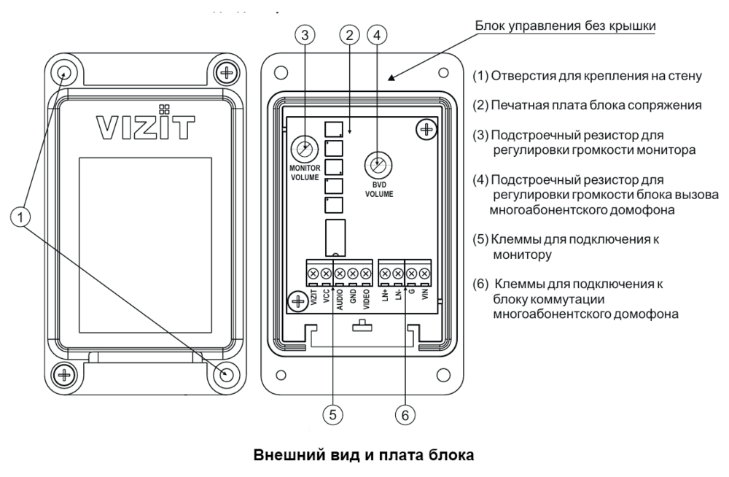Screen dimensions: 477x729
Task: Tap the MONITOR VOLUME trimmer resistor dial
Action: pyautogui.click(x=301, y=150)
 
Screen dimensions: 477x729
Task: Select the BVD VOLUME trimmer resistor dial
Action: pyautogui.click(x=376, y=163)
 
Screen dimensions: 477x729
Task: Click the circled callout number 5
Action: pyautogui.click(x=333, y=414)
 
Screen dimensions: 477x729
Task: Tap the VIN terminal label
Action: pyautogui.click(x=424, y=297)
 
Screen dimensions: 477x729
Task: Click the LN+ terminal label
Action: pyautogui.click(x=385, y=297)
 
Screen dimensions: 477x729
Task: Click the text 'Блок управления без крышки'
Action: pyautogui.click(x=566, y=26)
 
